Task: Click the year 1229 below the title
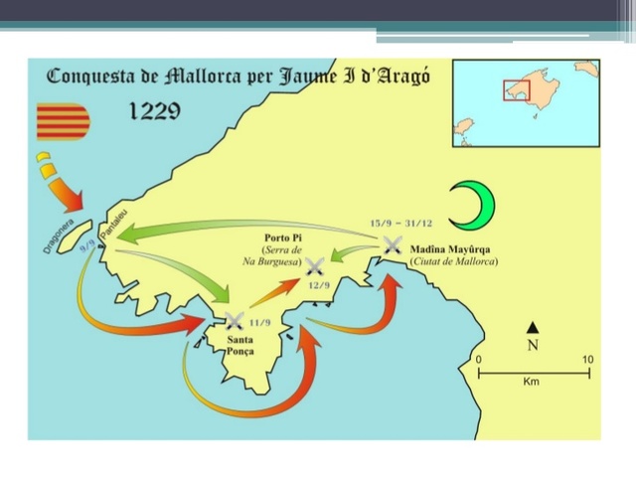pyautogui.click(x=154, y=111)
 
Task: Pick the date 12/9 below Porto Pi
pyautogui.click(x=321, y=286)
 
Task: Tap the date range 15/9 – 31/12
pyautogui.click(x=400, y=223)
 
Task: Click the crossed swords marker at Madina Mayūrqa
pyautogui.click(x=393, y=243)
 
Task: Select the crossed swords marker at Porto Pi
pyautogui.click(x=316, y=266)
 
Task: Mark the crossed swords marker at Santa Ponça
pyautogui.click(x=235, y=320)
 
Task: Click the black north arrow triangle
pyautogui.click(x=534, y=327)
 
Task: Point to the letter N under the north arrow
pyautogui.click(x=534, y=345)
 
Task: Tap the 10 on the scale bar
pyautogui.click(x=587, y=359)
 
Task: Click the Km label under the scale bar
pyautogui.click(x=533, y=383)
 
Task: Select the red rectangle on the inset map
pyautogui.click(x=516, y=89)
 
